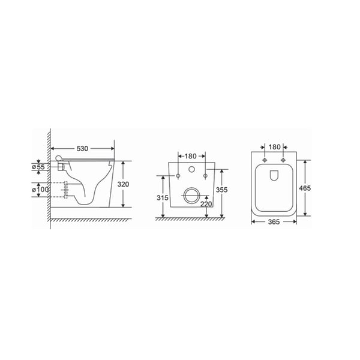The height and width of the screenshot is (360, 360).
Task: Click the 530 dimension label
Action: click(x=82, y=149)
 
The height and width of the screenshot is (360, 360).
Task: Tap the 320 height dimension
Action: click(x=123, y=184)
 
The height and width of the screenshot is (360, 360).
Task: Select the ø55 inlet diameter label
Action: click(x=38, y=167)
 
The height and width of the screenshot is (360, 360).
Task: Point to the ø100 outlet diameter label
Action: click(x=40, y=190)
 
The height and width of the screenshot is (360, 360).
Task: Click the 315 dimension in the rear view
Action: click(x=163, y=197)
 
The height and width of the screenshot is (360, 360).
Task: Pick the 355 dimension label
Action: click(x=221, y=190)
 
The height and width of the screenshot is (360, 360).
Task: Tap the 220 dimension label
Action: click(x=206, y=203)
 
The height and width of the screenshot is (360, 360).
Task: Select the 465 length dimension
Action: click(x=305, y=188)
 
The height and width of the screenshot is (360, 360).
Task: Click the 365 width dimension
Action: click(x=274, y=222)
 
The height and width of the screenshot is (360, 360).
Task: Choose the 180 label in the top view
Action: click(x=274, y=147)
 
